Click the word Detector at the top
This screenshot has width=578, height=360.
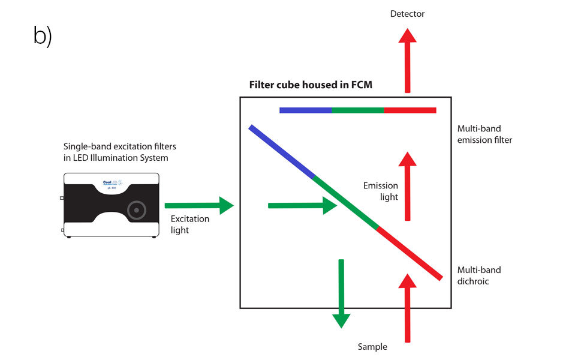click(x=407, y=14)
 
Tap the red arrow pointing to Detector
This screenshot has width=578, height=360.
click(x=408, y=60)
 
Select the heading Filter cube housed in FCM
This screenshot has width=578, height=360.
click(x=311, y=85)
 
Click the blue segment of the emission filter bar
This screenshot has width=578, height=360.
click(x=305, y=110)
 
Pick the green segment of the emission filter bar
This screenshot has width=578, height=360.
click(x=357, y=110)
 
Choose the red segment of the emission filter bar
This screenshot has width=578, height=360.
click(x=410, y=110)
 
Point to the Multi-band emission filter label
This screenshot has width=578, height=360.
click(x=484, y=134)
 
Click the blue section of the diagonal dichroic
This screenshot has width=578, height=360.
click(x=281, y=151)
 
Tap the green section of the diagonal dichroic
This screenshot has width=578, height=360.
click(x=345, y=203)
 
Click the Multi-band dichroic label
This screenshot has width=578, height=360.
click(x=478, y=275)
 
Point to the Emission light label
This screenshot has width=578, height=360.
click(x=381, y=191)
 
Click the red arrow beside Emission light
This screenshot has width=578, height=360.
click(x=408, y=186)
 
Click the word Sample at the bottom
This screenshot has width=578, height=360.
click(x=372, y=347)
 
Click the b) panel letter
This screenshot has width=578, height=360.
click(x=43, y=37)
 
